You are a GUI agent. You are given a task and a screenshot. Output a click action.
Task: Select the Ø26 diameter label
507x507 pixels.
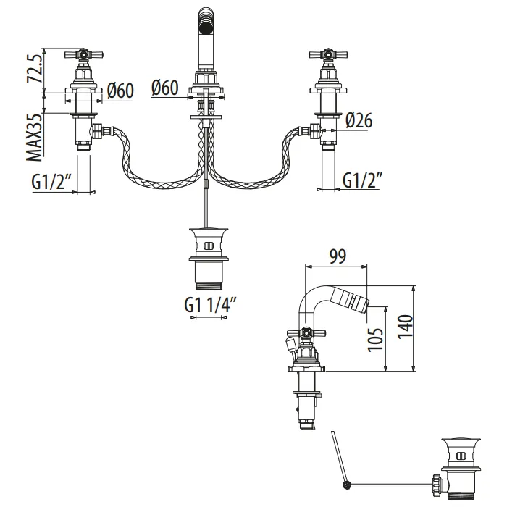(359, 120)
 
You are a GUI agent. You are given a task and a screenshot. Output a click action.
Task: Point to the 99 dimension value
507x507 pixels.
(337, 256)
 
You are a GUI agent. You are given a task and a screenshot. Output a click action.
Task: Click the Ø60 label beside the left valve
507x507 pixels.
(120, 90)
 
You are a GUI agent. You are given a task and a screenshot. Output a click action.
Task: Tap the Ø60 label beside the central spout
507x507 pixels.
(165, 88)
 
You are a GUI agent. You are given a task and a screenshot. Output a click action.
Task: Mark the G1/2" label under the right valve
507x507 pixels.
(363, 180)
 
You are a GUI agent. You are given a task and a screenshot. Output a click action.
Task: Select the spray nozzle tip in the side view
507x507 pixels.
(365, 301)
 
